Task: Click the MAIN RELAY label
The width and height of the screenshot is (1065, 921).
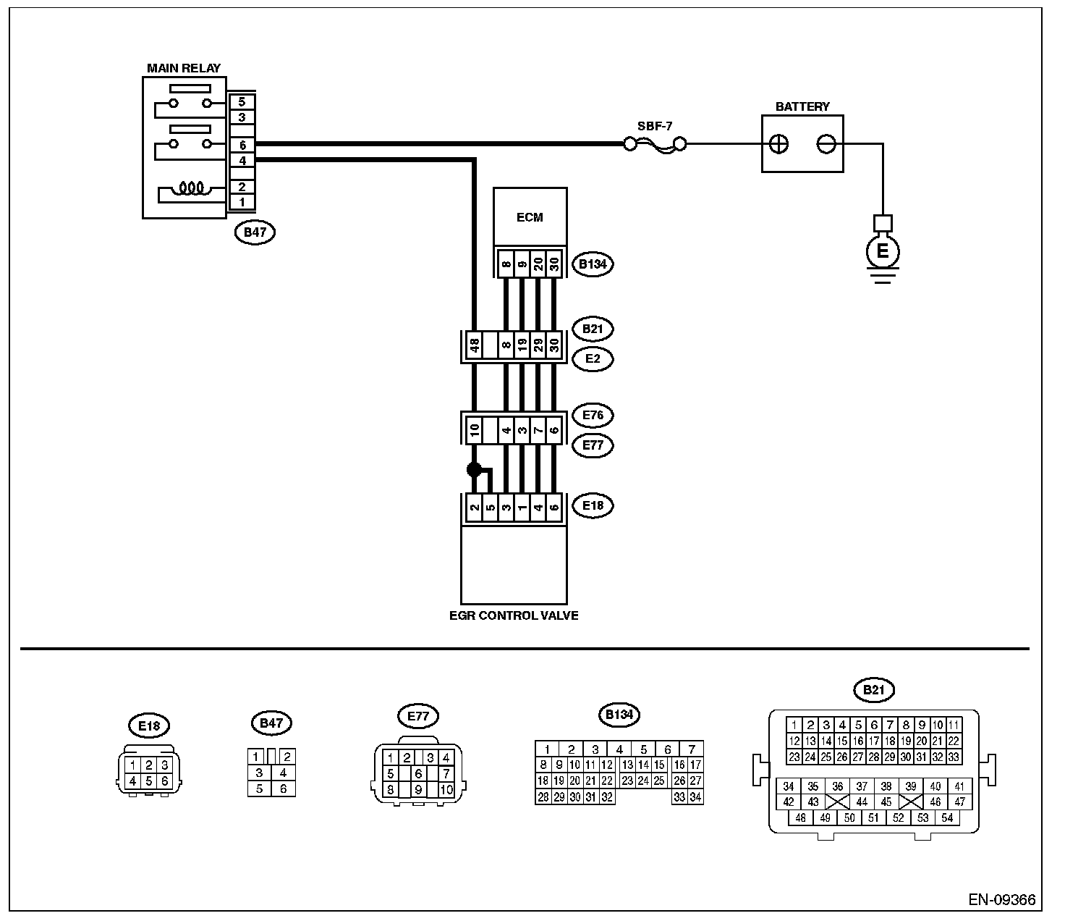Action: point(184,68)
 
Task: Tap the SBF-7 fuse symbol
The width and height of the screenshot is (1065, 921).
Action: point(655,145)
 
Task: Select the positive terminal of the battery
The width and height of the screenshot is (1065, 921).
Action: point(778,144)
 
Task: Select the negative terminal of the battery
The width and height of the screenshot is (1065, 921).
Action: point(826,144)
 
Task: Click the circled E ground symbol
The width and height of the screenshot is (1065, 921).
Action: point(882,251)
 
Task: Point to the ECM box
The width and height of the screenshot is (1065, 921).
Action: point(530,217)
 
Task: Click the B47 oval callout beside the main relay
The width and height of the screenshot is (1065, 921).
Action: point(255,232)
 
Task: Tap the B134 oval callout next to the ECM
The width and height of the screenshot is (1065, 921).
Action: point(592,264)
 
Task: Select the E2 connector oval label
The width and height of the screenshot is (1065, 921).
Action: point(592,358)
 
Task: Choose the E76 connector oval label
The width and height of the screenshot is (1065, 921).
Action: point(592,415)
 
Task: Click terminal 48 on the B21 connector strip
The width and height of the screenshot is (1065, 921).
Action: point(475,347)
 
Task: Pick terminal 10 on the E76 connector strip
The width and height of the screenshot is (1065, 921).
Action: point(475,429)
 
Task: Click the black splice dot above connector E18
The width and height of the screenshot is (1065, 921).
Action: point(474,469)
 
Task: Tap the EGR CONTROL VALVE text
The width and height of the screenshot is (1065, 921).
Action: point(514,616)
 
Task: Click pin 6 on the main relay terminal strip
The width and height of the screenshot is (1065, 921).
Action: point(242,146)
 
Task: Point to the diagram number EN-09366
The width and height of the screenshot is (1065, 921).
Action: point(1002,901)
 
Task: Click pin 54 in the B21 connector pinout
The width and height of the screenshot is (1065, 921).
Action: point(947,818)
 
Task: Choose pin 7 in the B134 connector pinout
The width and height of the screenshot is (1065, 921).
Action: point(692,749)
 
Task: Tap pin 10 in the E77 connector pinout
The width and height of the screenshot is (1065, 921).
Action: point(446,790)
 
